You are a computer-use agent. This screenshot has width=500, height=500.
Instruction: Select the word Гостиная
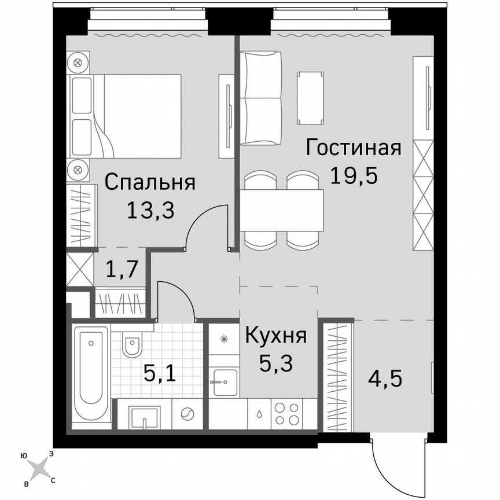click(x=354, y=148)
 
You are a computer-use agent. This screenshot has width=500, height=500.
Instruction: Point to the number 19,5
click(x=354, y=174)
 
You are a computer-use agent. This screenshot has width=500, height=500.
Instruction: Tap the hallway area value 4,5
click(x=385, y=380)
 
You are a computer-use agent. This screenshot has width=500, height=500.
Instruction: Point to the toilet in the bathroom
click(x=131, y=347)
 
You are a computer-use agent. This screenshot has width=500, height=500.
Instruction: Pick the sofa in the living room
click(x=260, y=98)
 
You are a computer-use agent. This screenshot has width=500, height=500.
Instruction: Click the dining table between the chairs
click(x=281, y=210)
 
